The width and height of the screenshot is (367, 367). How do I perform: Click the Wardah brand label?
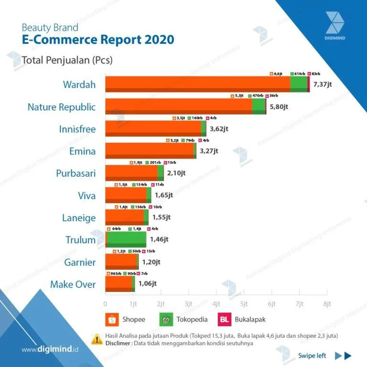tap(79, 85)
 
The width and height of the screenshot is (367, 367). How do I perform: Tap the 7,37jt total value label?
tap(322, 85)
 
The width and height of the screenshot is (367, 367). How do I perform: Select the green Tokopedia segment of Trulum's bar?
tap(127, 239)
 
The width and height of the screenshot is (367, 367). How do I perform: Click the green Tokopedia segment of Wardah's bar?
tap(299, 84)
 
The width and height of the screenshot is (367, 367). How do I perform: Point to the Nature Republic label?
tap(62, 107)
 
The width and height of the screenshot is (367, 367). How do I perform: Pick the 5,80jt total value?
tap(279, 107)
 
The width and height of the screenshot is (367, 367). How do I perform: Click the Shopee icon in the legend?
tap(111, 319)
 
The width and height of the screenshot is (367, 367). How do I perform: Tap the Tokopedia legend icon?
tap(166, 319)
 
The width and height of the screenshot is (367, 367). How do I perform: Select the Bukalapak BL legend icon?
tap(224, 319)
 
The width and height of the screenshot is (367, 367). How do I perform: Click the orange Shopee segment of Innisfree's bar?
tap(153, 129)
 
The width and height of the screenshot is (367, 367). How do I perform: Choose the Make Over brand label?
tap(73, 285)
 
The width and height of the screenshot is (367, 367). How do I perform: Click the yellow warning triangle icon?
tap(96, 339)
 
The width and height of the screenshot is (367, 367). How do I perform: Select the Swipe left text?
tap(312, 355)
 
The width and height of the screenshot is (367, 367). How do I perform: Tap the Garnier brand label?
tap(80, 262)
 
